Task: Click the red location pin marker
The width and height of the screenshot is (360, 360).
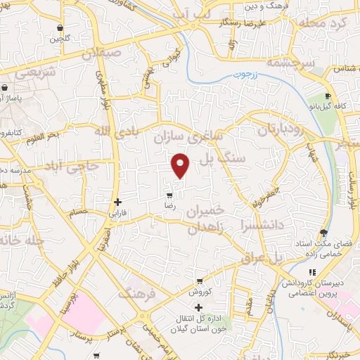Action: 181,165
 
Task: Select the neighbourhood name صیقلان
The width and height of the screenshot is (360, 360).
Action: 103,53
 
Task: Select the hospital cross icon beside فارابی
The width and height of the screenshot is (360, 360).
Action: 117,202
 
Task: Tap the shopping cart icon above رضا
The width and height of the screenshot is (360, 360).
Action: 168,195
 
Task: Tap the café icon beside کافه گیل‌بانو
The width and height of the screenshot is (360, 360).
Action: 327,97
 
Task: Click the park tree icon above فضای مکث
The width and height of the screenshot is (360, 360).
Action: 323,232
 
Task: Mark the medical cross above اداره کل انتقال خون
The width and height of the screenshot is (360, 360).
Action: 199,307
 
